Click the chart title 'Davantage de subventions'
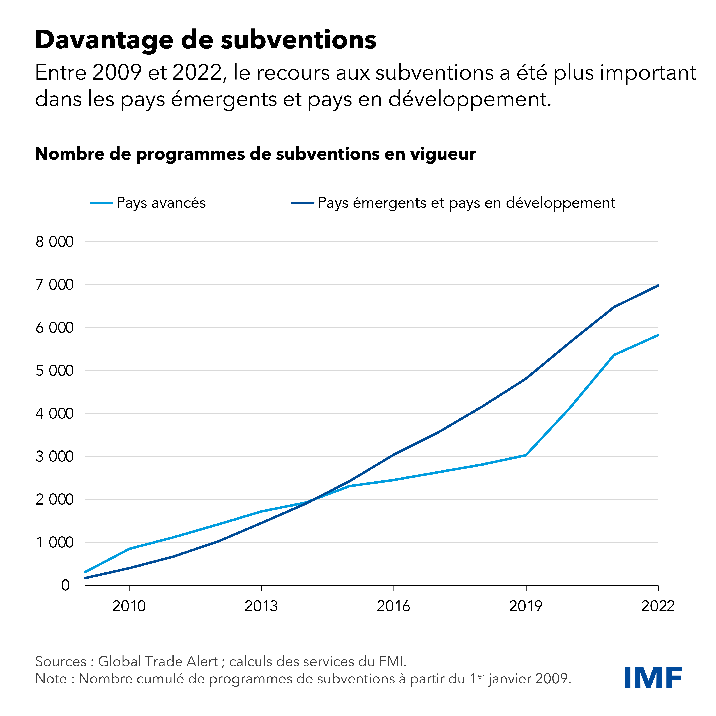pos(206,40)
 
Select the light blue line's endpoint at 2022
pos(658,335)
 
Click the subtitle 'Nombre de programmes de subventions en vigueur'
pos(255,154)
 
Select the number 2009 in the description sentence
pos(117,73)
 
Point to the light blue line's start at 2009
pos(86,572)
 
